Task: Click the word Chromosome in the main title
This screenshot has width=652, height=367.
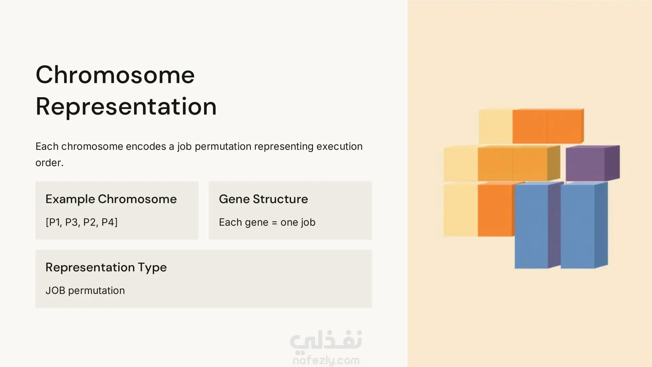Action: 115,75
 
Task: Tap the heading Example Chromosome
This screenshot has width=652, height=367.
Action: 111,199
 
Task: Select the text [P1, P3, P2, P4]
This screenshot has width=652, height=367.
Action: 81,222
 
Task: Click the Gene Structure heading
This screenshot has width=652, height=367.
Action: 263,199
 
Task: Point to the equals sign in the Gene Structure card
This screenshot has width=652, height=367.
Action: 274,223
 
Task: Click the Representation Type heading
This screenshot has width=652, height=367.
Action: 106,268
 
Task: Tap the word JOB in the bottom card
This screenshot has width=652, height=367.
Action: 55,291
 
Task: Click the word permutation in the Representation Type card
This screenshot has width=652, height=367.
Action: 96,291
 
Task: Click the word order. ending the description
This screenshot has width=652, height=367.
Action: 50,163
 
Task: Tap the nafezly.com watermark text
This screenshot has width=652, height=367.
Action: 326,360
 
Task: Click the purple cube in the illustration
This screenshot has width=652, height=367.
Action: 593,163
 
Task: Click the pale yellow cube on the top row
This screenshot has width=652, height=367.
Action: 495,126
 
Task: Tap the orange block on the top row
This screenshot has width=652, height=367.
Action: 548,126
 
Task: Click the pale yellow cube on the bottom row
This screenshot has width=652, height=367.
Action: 461,210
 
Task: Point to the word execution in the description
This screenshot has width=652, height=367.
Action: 340,146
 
